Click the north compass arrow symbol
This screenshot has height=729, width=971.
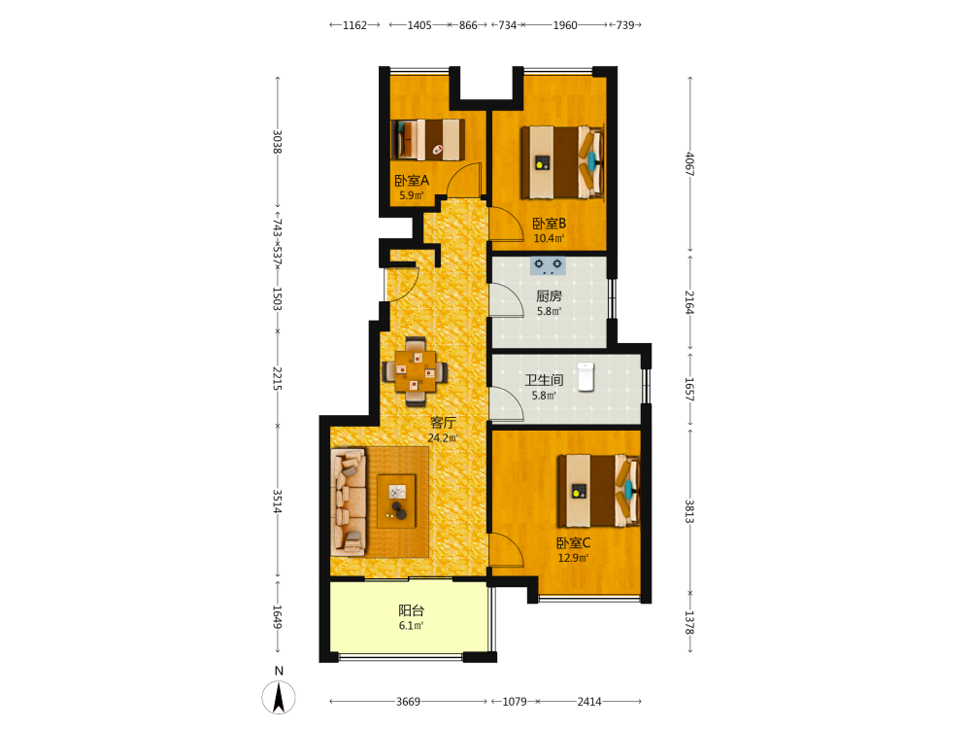tap(279, 697)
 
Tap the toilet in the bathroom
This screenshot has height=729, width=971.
tap(586, 377)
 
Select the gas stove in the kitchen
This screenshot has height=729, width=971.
tap(548, 266)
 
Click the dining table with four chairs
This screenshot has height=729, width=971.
tap(415, 371)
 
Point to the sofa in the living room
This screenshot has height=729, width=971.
tap(349, 503)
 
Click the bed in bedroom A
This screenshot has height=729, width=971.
tap(428, 139)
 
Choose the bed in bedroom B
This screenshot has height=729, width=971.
tap(562, 162)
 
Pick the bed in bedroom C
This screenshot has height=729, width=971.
tap(599, 491)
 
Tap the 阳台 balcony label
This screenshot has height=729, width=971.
tap(411, 610)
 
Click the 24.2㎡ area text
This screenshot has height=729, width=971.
tap(443, 438)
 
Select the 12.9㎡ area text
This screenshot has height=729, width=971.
tap(574, 558)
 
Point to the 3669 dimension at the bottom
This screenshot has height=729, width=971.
tap(408, 702)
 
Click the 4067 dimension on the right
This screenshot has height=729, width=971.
tap(689, 164)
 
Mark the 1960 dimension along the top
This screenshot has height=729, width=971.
tap(565, 25)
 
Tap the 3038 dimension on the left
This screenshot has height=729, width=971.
tap(278, 142)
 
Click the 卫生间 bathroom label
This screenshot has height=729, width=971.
tap(545, 380)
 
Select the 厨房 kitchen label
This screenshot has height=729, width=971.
tap(549, 296)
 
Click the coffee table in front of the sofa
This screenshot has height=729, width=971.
tap(396, 501)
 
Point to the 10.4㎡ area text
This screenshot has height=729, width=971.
tap(550, 239)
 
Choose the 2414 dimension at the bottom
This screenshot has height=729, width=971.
tap(589, 702)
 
